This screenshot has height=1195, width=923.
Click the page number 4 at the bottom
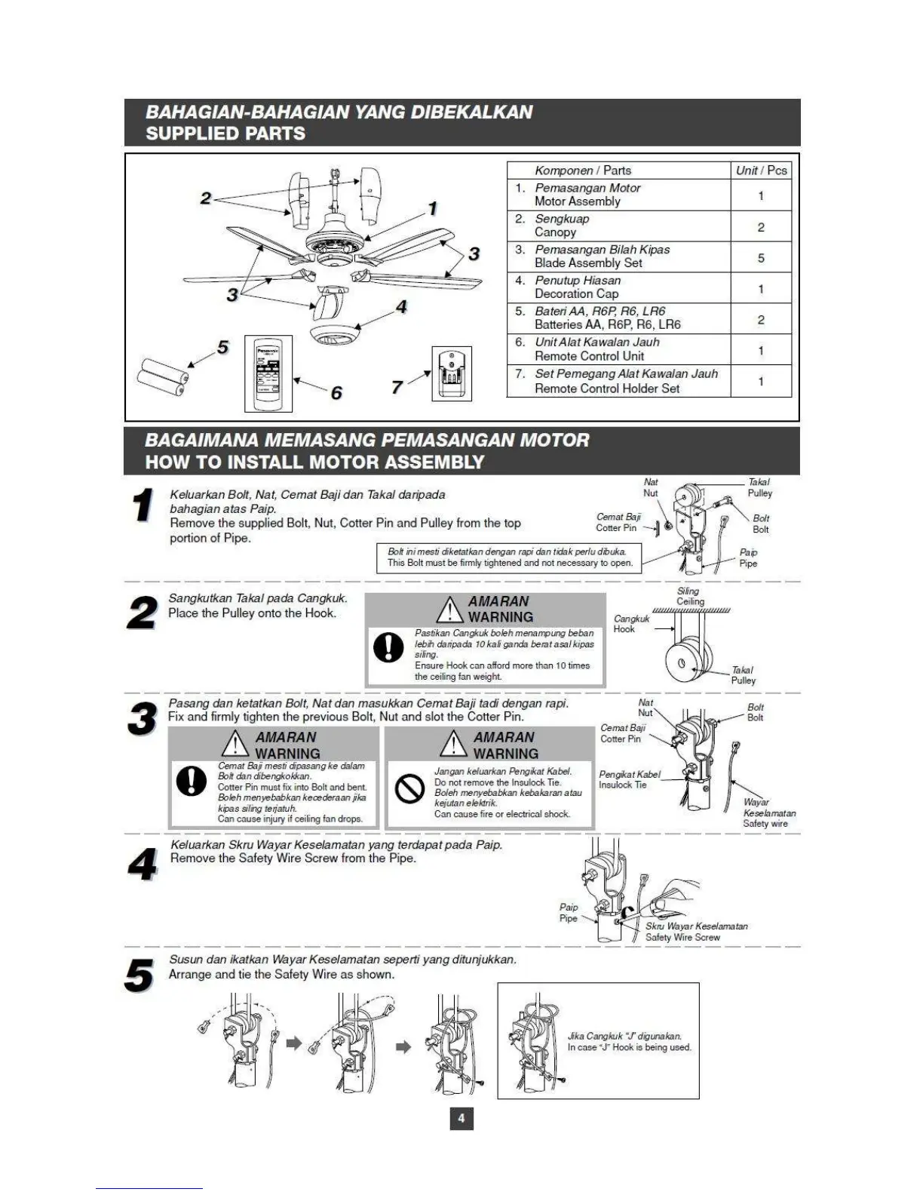[461, 1117]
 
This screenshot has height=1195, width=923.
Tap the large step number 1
[141, 505]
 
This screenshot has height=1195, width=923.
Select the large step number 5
[140, 975]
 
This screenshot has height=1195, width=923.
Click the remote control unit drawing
[268, 373]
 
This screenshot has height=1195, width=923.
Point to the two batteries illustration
[161, 377]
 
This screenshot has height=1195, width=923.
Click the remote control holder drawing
[452, 373]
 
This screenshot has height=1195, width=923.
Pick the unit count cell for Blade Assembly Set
[760, 257]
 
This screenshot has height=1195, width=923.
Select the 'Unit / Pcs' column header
[760, 170]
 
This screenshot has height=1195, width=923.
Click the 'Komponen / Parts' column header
[582, 170]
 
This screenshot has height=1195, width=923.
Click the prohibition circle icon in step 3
[410, 789]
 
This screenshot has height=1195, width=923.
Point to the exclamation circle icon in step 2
[388, 647]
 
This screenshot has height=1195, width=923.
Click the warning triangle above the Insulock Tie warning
[453, 744]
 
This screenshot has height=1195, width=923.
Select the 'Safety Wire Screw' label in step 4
[682, 937]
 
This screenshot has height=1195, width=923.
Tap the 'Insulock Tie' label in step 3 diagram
[623, 785]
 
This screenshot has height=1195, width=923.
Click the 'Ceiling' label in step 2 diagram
[690, 601]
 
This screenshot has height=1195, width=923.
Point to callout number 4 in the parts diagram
[401, 306]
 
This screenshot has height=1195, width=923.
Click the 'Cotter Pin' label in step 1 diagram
[616, 527]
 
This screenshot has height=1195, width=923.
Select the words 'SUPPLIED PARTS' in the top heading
[225, 134]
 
